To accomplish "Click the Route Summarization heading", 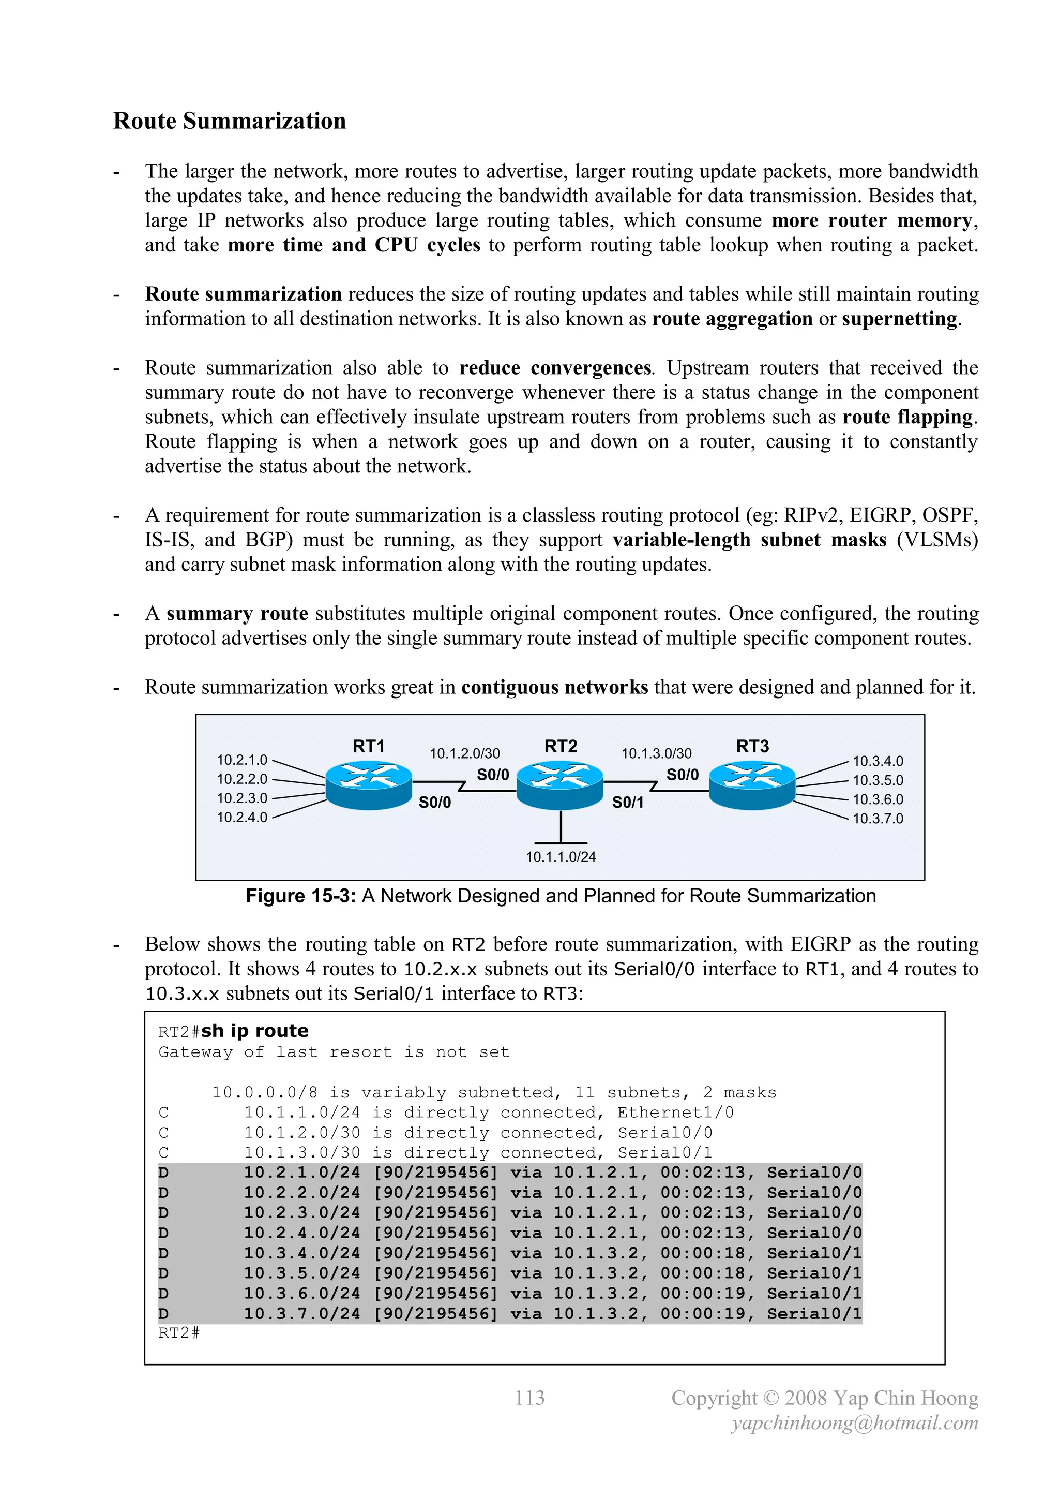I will pos(229,122).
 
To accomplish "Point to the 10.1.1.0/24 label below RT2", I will pos(561,857).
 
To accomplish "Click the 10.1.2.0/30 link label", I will pos(464,753).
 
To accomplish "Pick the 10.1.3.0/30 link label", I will pos(656,753).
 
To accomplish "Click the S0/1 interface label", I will pos(627,803).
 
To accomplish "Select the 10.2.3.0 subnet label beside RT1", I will pos(242,798).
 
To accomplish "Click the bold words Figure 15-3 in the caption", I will pos(300,896).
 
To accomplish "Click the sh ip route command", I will pos(254,1031).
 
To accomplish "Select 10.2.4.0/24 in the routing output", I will pos(302,1233).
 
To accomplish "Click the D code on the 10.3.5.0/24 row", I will pos(164,1273).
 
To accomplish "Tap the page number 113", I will pos(529,1398).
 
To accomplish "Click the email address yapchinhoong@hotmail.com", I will pos(855,1423).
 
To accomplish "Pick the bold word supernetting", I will pos(899,319).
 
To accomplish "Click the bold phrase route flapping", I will pos(909,417).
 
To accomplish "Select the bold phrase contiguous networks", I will pos(554,687).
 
